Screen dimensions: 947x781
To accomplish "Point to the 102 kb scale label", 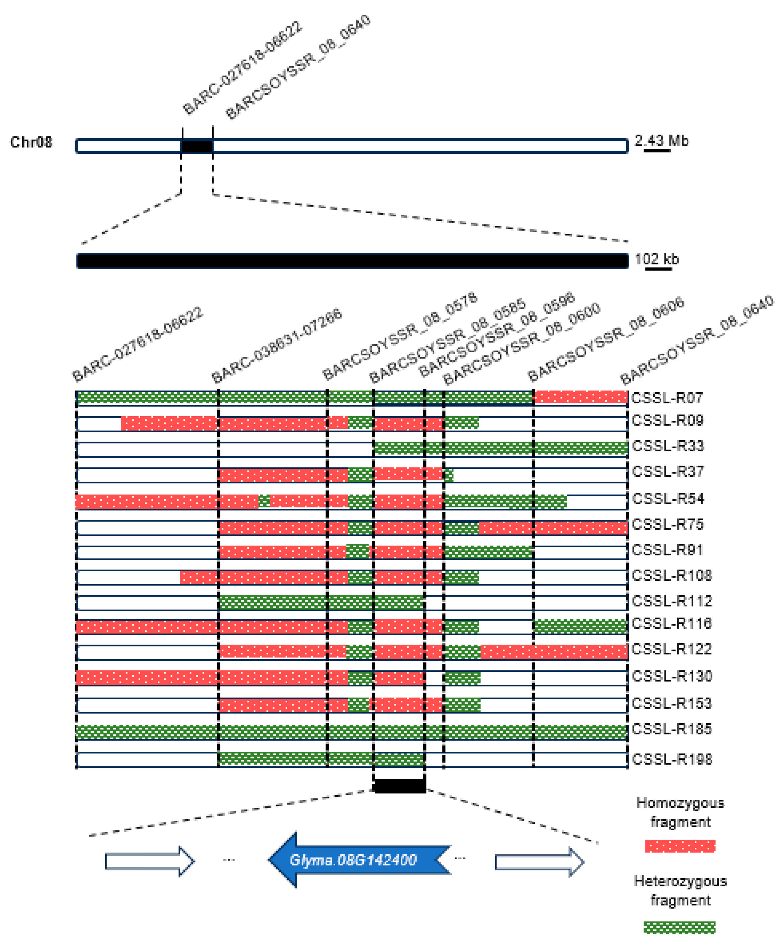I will tap(656, 259).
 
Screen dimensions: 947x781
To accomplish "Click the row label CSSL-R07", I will tap(667, 398).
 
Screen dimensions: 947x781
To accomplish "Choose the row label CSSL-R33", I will tap(668, 446).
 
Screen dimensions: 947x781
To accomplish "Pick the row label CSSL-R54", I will tap(668, 499).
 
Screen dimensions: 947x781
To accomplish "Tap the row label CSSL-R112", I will tap(672, 601).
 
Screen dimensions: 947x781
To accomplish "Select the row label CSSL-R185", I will tap(672, 729).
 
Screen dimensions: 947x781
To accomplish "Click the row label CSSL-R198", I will tap(672, 759).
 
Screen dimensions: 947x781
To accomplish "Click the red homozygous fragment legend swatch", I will tap(679, 846).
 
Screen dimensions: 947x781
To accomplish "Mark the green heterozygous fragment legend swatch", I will tap(679, 927).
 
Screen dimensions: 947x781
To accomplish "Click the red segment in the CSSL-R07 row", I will tap(581, 397).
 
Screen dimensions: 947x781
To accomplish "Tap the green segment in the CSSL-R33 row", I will tap(501, 448).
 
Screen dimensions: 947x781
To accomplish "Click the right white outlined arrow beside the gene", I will tap(539, 862).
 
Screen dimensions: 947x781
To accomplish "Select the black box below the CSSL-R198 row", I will tap(400, 786).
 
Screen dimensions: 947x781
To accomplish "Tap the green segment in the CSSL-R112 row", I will tap(321, 602).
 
